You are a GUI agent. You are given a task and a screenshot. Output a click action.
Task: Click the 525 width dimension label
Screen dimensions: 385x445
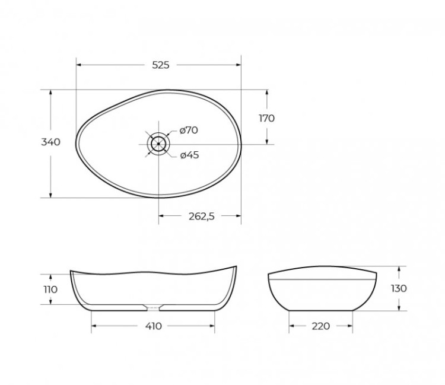coord(160,65)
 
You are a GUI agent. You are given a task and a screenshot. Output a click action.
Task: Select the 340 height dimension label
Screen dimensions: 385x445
coord(50,142)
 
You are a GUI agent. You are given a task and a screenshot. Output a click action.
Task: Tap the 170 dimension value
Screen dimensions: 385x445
coord(266,118)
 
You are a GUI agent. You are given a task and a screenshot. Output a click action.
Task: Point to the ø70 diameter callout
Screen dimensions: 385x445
coord(188,131)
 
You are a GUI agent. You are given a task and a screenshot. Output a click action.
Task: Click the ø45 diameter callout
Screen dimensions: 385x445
coord(189,155)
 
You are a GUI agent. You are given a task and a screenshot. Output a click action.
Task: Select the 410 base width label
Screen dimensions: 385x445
coord(152,326)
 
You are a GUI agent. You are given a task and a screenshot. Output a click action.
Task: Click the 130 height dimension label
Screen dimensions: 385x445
coord(399,289)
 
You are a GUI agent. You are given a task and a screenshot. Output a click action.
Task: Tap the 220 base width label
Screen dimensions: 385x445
coord(320,326)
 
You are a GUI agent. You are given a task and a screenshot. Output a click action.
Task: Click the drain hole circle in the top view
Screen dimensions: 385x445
coord(158,143)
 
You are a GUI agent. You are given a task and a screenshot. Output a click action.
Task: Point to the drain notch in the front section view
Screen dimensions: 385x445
coord(153,307)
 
